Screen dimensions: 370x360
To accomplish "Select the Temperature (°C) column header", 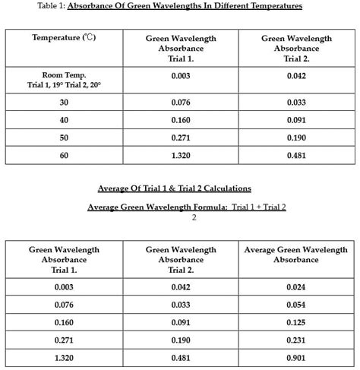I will (64, 38).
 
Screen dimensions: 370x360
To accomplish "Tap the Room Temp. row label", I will (64, 81).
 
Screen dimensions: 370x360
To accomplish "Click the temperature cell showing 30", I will (64, 103).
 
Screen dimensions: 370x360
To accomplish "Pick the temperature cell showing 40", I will (64, 120).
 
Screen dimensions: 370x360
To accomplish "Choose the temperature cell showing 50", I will (64, 138).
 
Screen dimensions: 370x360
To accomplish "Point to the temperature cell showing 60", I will (64, 155).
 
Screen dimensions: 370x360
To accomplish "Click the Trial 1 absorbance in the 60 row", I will (181, 155).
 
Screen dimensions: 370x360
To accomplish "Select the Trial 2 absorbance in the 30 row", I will (296, 103).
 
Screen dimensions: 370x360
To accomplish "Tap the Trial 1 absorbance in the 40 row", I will (181, 120).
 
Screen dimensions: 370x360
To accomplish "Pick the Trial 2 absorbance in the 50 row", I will (296, 138).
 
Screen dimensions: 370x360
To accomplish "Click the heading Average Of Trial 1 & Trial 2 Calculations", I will (175, 188).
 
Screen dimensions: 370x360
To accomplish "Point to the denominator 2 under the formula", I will (194, 217).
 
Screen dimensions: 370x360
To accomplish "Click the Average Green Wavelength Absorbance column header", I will (295, 255).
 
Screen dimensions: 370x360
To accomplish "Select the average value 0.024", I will (295, 287).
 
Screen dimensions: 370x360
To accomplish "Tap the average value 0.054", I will (295, 305).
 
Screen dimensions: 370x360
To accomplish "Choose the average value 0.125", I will (295, 322).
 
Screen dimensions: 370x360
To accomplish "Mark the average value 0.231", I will (295, 340).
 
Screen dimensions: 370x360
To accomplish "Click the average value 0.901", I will (295, 357).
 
